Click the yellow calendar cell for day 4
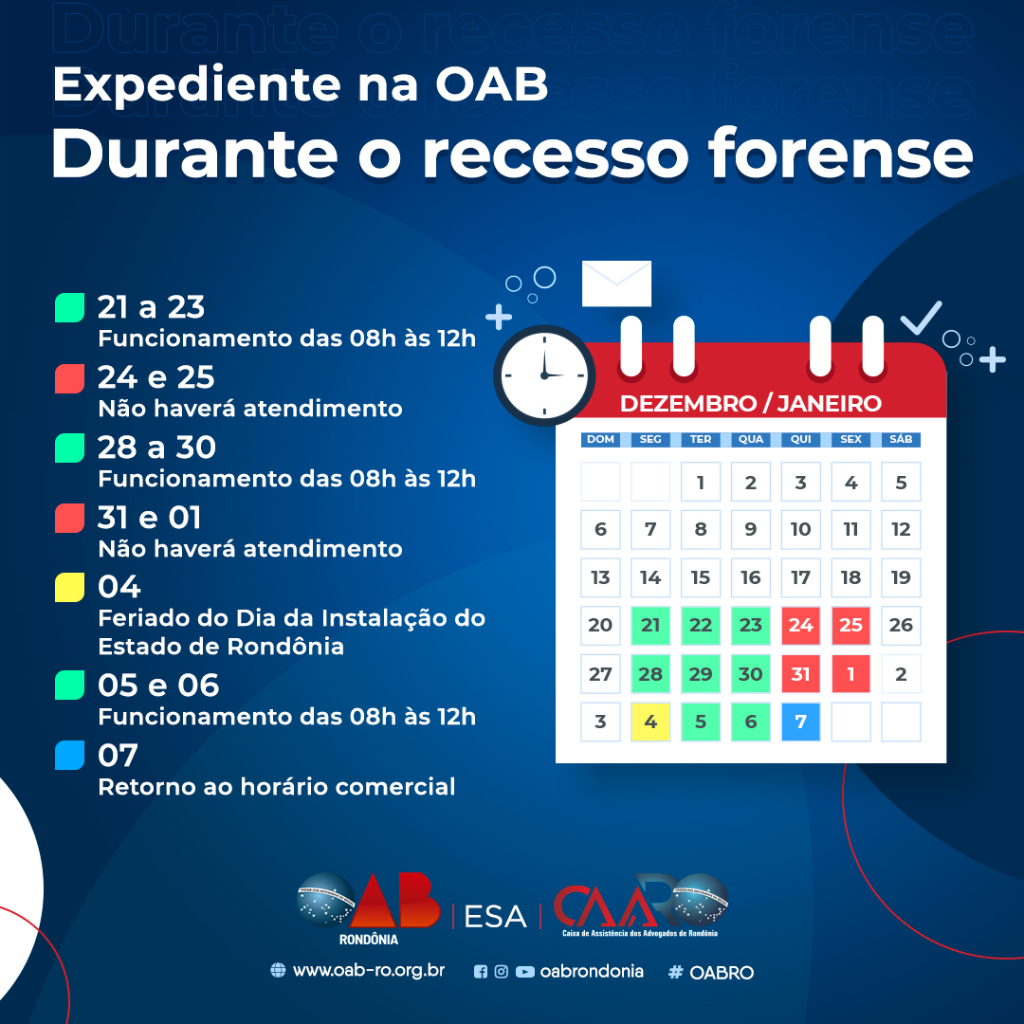[x=650, y=722]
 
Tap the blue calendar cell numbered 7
[x=800, y=722]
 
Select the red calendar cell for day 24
[x=800, y=625]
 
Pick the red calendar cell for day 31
[x=800, y=673]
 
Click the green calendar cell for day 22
[x=701, y=625]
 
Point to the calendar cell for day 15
[x=701, y=577]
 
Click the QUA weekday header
[x=751, y=440]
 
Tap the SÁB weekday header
[x=902, y=440]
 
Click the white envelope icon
[x=616, y=283]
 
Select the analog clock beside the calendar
[x=544, y=375]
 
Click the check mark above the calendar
[x=921, y=318]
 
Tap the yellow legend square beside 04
[x=70, y=587]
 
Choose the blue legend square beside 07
[x=70, y=756]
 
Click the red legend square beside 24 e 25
[x=70, y=378]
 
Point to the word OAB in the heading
[x=492, y=85]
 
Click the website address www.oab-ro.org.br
[x=368, y=971]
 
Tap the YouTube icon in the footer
[x=525, y=972]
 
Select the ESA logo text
[x=495, y=917]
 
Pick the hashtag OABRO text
[x=711, y=973]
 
